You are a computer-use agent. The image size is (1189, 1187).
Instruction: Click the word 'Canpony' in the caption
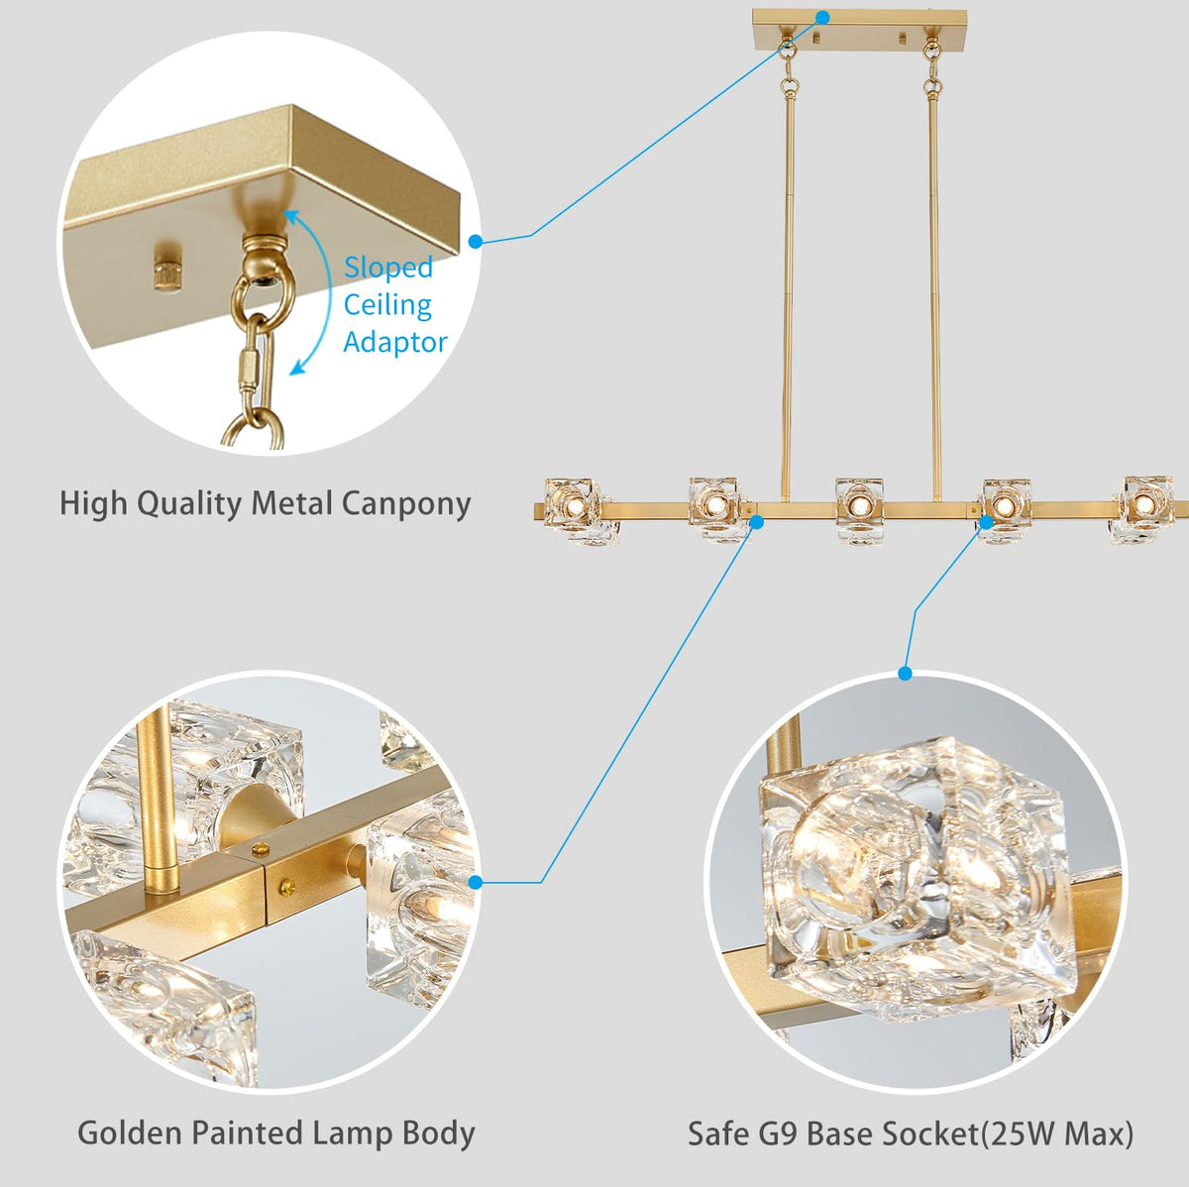(405, 503)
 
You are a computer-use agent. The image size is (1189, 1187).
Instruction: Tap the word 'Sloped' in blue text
(388, 268)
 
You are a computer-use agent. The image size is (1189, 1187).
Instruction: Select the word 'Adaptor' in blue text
(395, 343)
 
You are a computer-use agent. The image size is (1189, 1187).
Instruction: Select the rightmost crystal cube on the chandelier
(1144, 507)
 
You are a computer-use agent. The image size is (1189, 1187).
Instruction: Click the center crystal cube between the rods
(858, 507)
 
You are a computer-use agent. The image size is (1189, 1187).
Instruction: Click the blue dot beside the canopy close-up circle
(476, 241)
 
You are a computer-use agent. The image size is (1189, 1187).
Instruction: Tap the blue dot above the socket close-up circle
(905, 674)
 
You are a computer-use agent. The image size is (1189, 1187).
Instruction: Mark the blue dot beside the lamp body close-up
(476, 882)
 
